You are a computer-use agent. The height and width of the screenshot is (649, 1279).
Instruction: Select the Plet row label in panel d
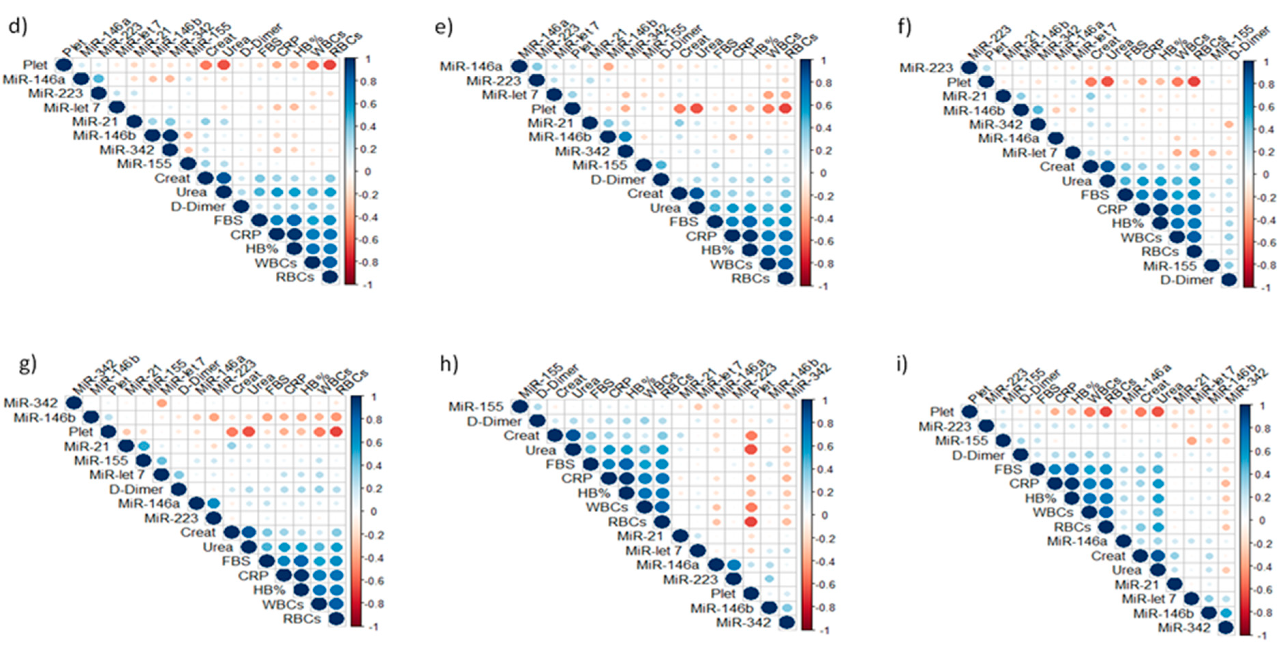[x=35, y=65]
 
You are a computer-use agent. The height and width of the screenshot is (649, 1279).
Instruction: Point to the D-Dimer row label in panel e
[x=618, y=179]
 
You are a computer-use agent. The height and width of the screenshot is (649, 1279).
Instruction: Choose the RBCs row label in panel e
[x=750, y=278]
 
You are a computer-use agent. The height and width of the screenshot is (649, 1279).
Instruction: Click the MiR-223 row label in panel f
[x=927, y=67]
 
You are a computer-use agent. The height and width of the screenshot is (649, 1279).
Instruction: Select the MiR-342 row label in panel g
[x=31, y=403]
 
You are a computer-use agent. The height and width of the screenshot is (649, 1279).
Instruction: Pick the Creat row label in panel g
[x=198, y=532]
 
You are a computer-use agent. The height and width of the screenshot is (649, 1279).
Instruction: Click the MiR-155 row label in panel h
[x=476, y=407]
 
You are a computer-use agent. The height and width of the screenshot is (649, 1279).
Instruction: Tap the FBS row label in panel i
[x=1008, y=469]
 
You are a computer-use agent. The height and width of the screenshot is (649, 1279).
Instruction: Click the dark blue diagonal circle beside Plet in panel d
[x=63, y=65]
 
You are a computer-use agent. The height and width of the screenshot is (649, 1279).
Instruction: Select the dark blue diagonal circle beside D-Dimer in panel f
[x=1229, y=280]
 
